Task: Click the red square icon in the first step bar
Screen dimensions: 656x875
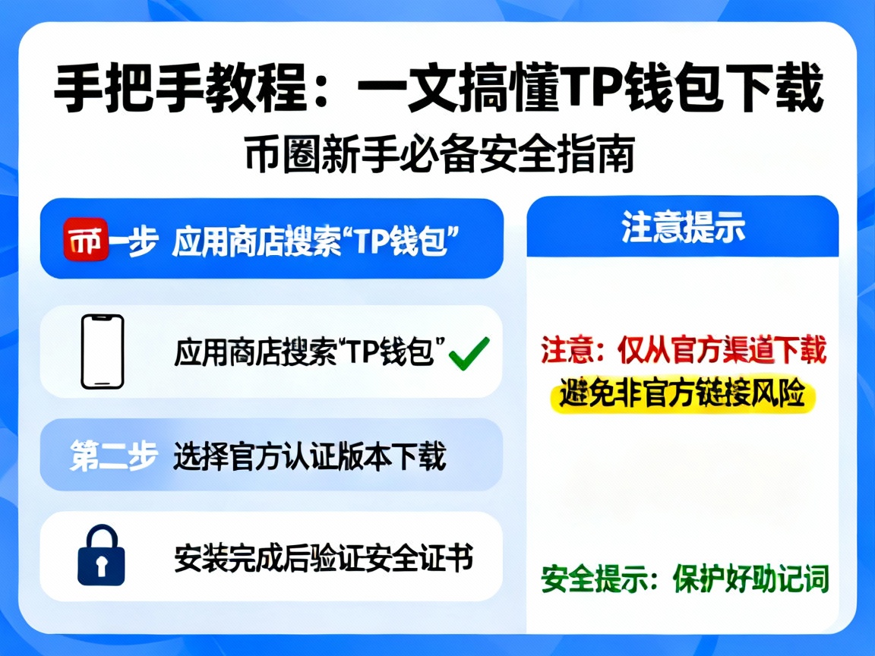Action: point(85,239)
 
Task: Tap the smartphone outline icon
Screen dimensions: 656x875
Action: point(103,352)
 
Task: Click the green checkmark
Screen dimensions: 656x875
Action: point(469,354)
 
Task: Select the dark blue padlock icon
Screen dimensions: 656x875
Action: point(100,557)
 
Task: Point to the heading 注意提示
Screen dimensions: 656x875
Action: point(683,227)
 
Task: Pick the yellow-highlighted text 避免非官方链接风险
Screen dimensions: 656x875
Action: point(682,394)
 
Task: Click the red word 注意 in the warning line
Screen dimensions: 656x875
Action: point(561,351)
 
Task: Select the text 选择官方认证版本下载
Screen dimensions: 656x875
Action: point(309,456)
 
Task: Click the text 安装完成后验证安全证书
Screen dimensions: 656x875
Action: point(324,558)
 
